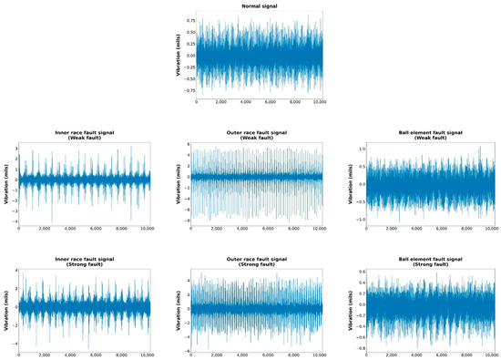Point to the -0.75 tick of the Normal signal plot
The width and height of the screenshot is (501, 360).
point(188,90)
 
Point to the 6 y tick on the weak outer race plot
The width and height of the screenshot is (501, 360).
point(189,144)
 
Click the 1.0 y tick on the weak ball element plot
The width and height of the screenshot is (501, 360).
point(361,148)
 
